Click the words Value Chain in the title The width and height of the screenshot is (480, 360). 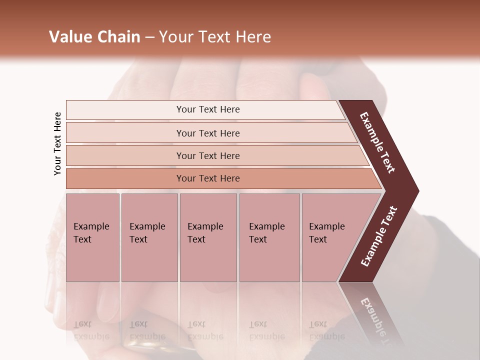coord(94,37)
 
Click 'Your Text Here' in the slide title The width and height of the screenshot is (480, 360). coord(215,37)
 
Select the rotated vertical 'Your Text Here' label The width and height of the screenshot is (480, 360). coord(57,143)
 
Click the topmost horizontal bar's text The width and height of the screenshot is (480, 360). coord(208,109)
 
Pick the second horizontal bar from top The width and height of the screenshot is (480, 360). coord(208,133)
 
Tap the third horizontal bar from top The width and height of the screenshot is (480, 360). coord(208,155)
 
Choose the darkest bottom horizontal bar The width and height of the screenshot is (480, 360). coord(208,178)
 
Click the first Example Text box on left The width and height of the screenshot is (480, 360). coord(92,237)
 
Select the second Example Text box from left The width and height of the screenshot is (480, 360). coord(149,237)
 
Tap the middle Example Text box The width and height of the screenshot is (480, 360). coord(208,237)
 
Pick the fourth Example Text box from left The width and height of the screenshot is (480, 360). coord(269,237)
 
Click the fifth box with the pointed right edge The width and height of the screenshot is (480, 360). coord(330,237)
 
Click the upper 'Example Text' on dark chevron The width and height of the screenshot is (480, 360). coord(377,143)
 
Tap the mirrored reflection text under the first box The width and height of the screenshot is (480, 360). coord(91,330)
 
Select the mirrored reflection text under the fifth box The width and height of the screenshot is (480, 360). coord(327,330)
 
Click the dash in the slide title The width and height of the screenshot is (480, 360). coord(149,37)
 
